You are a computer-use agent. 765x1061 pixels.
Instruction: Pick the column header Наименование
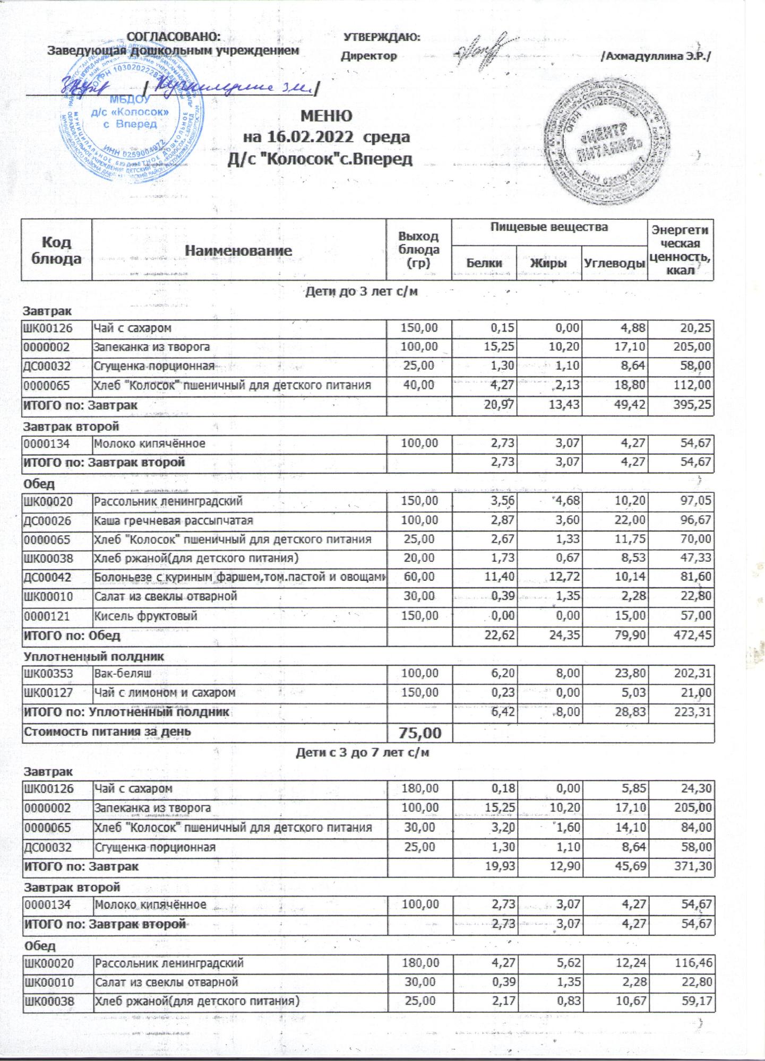pos(238,250)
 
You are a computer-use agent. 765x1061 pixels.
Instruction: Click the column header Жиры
pos(548,263)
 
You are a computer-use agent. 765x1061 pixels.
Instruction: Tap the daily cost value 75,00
pos(419,733)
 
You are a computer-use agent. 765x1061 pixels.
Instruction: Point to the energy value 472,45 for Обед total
pos(690,635)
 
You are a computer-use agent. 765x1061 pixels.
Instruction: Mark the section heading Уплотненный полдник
pos(93,656)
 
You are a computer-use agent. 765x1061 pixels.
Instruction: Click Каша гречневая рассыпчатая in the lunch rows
pos(173,520)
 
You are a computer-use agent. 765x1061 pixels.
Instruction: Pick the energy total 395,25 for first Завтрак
pos(690,405)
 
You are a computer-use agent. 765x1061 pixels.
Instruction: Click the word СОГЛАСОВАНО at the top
pos(174,37)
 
